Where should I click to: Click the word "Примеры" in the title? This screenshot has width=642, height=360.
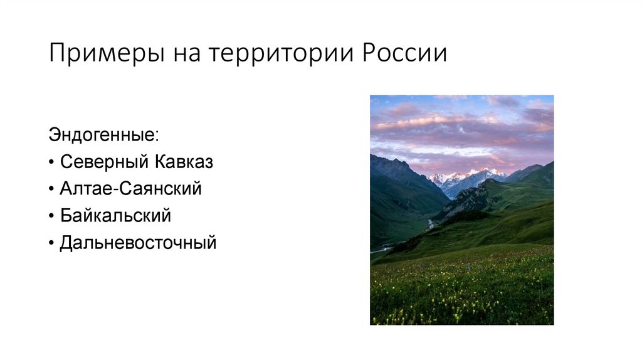pos(98,54)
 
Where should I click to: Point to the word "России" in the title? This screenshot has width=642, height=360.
pos(404,54)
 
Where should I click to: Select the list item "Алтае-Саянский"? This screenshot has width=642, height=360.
pos(130,189)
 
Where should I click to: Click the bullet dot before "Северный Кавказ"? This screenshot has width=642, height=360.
pos(51,162)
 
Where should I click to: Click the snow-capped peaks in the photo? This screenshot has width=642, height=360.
pos(467,176)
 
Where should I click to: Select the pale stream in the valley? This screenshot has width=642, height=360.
pos(431,224)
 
